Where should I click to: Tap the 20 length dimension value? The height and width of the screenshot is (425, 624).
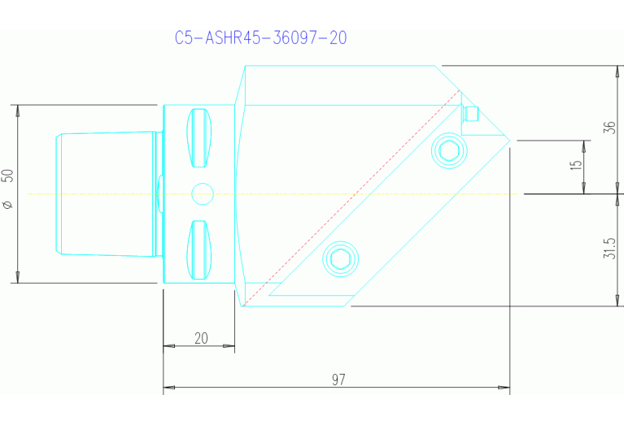click(201, 339)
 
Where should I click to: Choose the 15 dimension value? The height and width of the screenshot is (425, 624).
click(577, 165)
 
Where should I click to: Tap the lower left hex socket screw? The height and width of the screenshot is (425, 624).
click(340, 259)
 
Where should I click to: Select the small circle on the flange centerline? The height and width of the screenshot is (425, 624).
click(201, 193)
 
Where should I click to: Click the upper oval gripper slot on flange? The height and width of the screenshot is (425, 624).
click(199, 136)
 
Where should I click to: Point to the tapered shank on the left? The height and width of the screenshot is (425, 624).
click(106, 194)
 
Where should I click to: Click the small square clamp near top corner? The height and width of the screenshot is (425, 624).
click(469, 114)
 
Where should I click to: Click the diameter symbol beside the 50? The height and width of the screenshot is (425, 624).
click(8, 204)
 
